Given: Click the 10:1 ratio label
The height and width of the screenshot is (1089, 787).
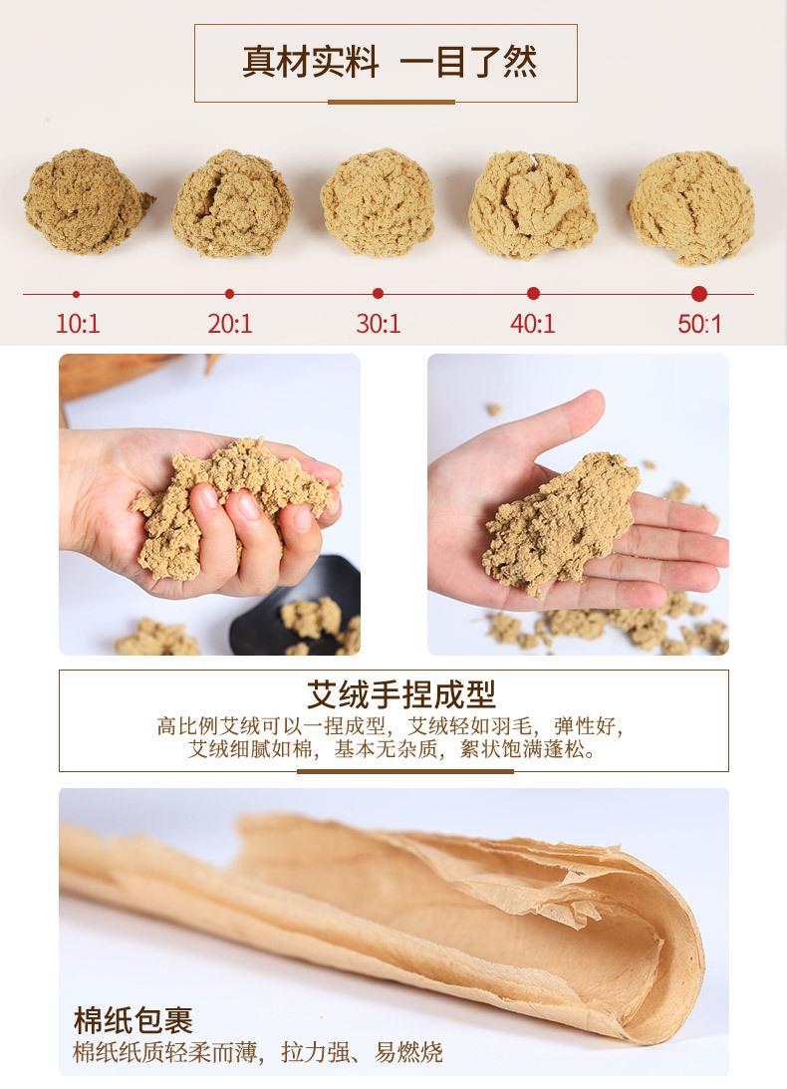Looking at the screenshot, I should [78, 324].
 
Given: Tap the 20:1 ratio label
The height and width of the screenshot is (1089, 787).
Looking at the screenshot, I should [230, 324].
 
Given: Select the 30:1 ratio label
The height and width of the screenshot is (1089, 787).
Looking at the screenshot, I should [379, 324].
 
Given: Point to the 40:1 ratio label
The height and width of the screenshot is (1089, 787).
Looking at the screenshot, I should [533, 324].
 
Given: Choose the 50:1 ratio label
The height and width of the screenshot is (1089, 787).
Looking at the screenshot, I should [699, 324].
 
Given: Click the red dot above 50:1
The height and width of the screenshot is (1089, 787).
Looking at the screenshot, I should [699, 294].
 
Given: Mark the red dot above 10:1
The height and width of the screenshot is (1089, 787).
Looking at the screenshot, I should [77, 294].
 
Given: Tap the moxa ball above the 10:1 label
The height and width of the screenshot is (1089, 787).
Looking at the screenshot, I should [87, 201].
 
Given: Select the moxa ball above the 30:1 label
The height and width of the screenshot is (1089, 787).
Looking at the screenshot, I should [378, 202].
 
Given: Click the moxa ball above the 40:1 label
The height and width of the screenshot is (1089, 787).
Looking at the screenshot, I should [532, 205].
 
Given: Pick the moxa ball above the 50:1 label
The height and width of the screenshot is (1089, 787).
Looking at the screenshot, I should [690, 205].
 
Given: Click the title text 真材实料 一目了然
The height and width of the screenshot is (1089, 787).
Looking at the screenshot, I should [390, 63].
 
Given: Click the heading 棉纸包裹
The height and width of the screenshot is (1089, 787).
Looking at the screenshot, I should [132, 1019].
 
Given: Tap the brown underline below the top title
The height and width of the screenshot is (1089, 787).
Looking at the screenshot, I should [391, 102].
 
